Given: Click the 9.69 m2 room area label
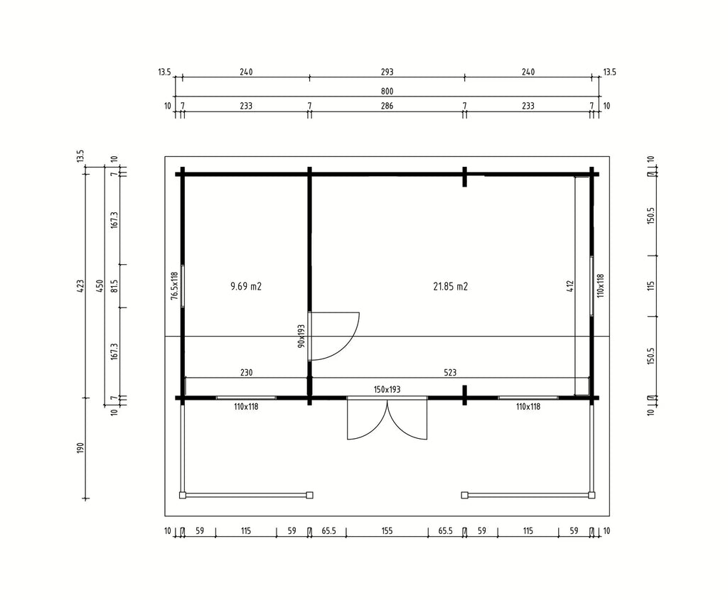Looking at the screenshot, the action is pos(245,287).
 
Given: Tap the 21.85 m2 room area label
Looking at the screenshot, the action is pos(450,287).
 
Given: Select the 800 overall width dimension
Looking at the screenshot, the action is pos(387,92).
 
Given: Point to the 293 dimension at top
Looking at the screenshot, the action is pos(387,72).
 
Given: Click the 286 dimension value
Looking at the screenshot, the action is pos(387,106).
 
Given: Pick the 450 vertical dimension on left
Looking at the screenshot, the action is pos(99,285).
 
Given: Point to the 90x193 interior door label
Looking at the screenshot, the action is pos(301,336).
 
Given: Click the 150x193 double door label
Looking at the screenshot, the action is pos(387,390).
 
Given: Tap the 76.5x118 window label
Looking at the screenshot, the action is pos(175,285).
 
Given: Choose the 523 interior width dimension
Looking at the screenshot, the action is pos(450,372).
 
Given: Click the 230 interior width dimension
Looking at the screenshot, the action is pos(246,372).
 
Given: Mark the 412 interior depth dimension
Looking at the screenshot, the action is pos(571,285).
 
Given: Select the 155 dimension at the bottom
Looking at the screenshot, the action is pos(387,531).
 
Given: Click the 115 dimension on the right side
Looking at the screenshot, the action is pos(651,285).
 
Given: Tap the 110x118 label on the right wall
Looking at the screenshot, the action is pos(600,285).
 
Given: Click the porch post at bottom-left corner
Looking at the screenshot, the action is pos(183,495).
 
